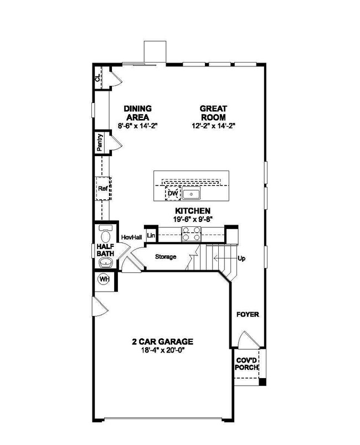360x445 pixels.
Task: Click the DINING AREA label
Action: tap(138, 112)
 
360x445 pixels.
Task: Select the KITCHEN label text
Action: tap(192, 211)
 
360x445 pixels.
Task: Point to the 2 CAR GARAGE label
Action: tap(162, 341)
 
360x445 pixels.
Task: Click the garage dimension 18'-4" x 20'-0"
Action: tap(162, 350)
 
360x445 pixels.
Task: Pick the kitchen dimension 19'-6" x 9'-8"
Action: tap(192, 219)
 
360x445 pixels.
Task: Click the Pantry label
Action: tap(100, 142)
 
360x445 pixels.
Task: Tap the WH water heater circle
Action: tap(103, 279)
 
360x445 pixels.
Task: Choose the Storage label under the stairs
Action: tap(166, 257)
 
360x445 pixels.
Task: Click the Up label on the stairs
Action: tap(241, 258)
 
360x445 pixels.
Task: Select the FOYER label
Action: tap(248, 315)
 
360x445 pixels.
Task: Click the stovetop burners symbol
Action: tap(191, 236)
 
